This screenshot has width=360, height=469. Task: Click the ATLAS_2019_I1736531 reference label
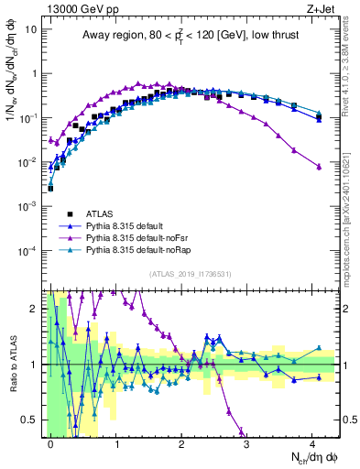tap(191, 274)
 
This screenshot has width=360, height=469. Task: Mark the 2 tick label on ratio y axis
tap(37, 309)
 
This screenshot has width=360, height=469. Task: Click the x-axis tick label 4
tap(312, 442)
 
